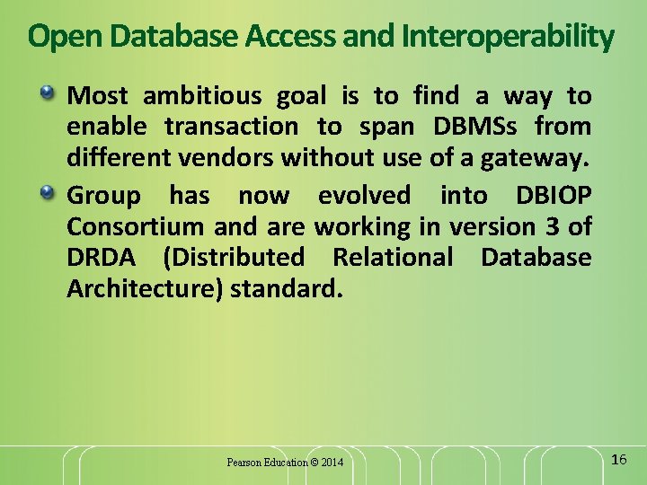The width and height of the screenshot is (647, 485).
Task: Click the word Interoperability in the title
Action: click(x=508, y=37)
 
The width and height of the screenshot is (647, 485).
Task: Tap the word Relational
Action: click(x=394, y=258)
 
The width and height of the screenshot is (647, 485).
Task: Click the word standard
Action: click(x=287, y=290)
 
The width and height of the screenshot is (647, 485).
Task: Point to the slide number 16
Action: click(x=617, y=460)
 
